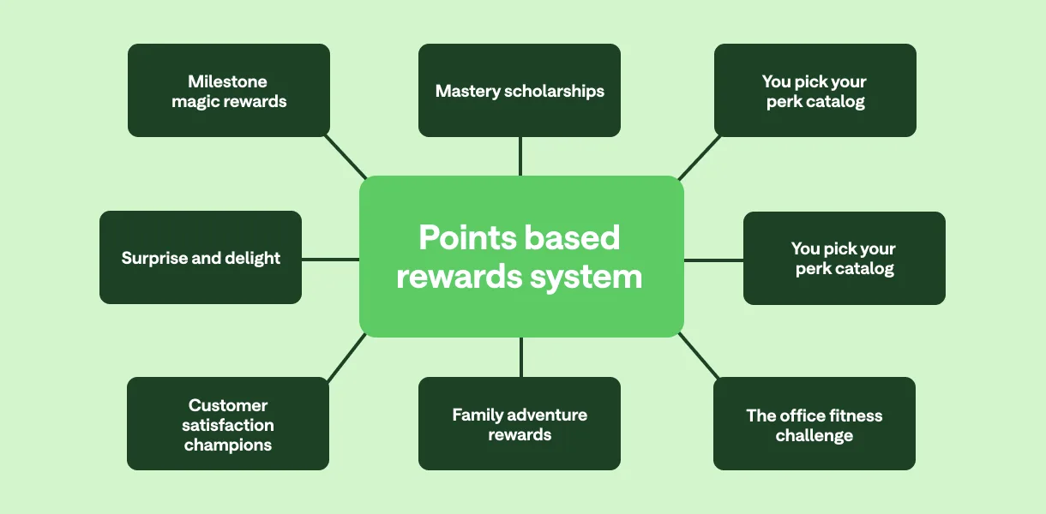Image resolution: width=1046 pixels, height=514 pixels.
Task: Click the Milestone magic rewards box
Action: click(x=229, y=91)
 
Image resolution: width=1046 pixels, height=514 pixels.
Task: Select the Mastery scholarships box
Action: click(x=520, y=91)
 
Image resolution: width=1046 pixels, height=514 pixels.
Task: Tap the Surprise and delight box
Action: click(x=201, y=258)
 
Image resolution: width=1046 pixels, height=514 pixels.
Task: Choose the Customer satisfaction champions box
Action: click(x=228, y=424)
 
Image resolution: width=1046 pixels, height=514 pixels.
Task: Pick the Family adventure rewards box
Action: click(x=520, y=424)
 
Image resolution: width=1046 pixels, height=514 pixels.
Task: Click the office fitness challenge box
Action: click(x=815, y=424)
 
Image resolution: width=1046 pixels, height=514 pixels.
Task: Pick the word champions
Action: click(x=228, y=445)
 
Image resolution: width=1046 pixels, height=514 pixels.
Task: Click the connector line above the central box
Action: click(x=520, y=156)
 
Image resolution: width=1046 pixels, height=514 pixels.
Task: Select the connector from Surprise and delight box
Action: click(x=330, y=259)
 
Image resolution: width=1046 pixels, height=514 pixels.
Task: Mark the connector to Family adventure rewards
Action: click(x=520, y=356)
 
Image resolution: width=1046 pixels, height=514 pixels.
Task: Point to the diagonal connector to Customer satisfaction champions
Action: click(x=347, y=357)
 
